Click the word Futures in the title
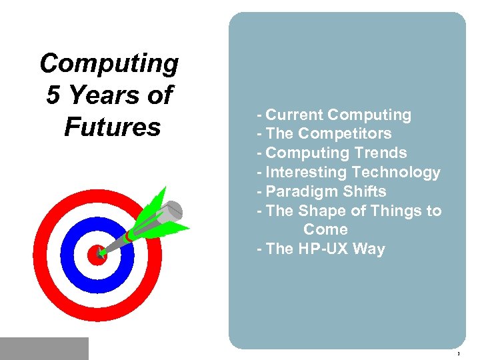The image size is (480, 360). (112, 127)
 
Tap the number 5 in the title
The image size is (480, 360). (53, 95)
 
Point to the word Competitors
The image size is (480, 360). (345, 134)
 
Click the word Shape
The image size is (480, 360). (321, 211)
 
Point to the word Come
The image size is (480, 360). (325, 229)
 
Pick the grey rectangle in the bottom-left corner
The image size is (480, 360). (44, 348)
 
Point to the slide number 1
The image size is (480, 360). (459, 353)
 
